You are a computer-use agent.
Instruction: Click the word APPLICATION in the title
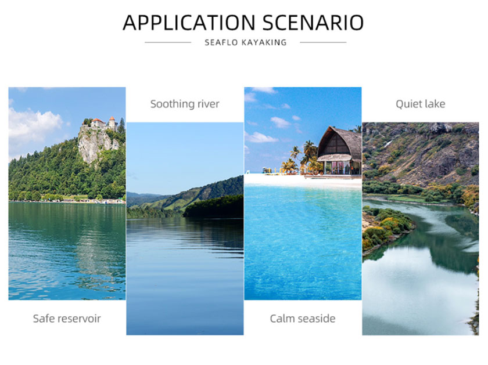coord(189,23)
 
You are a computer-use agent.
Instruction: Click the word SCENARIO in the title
coord(313,23)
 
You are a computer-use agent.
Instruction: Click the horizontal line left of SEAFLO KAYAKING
coord(168,42)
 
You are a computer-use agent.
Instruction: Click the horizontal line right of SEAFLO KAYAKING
coord(323,42)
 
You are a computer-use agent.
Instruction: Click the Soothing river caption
coord(185,104)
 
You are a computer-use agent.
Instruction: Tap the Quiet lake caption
coord(421,104)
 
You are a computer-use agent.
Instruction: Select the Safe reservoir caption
coord(67,319)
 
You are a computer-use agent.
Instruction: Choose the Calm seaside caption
coord(303,319)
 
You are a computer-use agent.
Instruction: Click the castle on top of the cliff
coord(100,123)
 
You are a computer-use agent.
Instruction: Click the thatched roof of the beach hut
coord(339,142)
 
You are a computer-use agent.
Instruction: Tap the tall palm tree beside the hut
coord(309,153)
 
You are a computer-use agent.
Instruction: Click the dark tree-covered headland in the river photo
coord(214,207)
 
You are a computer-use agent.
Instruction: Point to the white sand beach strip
coord(303,180)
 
